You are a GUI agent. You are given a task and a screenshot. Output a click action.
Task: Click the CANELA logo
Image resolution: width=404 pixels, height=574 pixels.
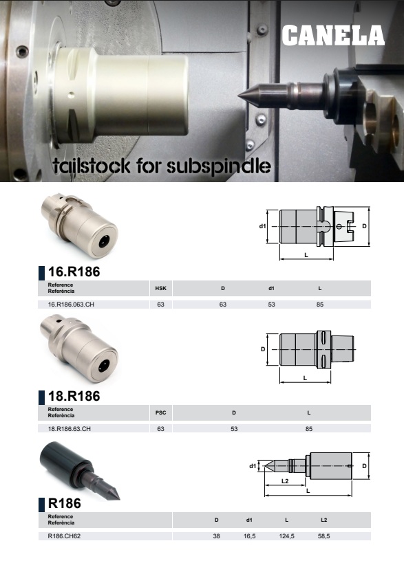click(x=333, y=36)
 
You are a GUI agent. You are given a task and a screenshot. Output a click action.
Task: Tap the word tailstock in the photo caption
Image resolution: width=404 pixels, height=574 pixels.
click(x=92, y=166)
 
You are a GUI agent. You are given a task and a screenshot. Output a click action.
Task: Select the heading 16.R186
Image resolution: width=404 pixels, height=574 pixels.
click(x=74, y=272)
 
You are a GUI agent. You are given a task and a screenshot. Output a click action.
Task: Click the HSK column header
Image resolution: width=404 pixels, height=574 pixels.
click(x=160, y=289)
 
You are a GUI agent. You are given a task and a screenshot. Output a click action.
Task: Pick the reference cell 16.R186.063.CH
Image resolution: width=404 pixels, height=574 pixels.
click(x=71, y=305)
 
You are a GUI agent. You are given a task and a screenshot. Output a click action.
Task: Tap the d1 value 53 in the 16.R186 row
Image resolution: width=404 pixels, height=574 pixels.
click(x=271, y=305)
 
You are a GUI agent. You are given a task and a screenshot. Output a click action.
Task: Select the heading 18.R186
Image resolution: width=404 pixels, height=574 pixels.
click(x=74, y=396)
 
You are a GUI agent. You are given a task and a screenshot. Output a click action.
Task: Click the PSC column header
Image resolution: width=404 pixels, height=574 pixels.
click(x=160, y=413)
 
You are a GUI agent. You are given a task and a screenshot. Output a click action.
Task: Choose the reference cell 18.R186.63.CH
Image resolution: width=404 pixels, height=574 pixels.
click(x=70, y=429)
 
